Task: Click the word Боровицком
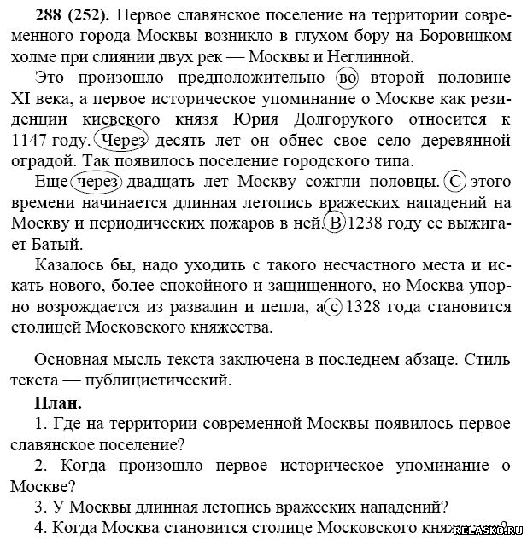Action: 467,37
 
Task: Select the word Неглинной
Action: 372,57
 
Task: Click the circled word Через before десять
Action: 123,140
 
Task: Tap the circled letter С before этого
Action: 456,182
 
